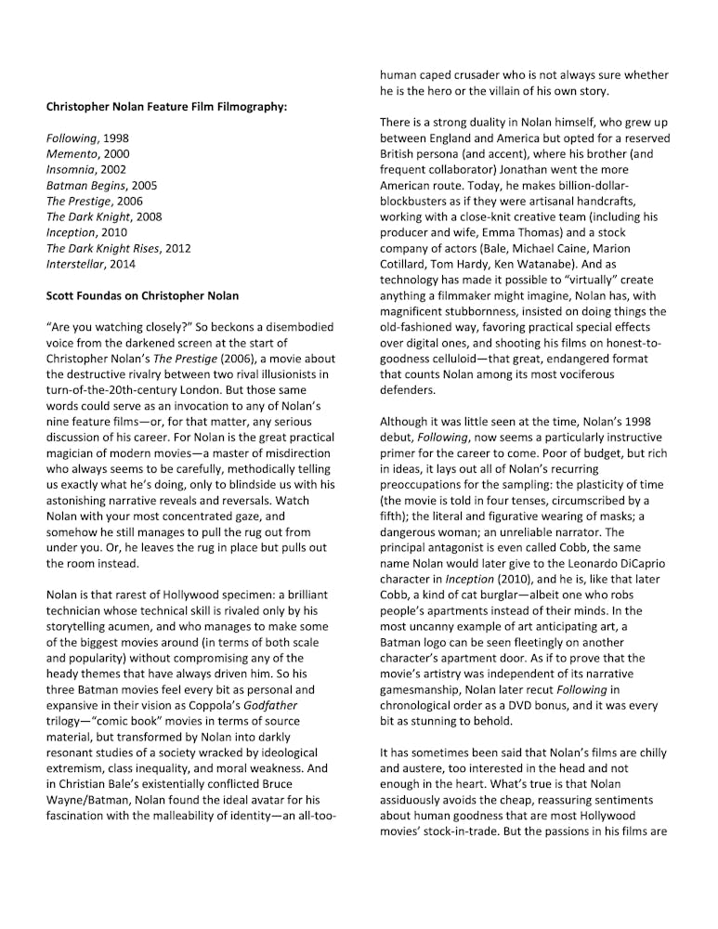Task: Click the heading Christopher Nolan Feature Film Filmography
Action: (166, 107)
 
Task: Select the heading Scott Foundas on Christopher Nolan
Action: (142, 295)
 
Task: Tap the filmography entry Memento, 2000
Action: (88, 154)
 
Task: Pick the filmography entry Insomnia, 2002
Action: (86, 170)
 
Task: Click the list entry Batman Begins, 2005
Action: (101, 186)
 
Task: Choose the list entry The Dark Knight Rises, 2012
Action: (118, 248)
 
